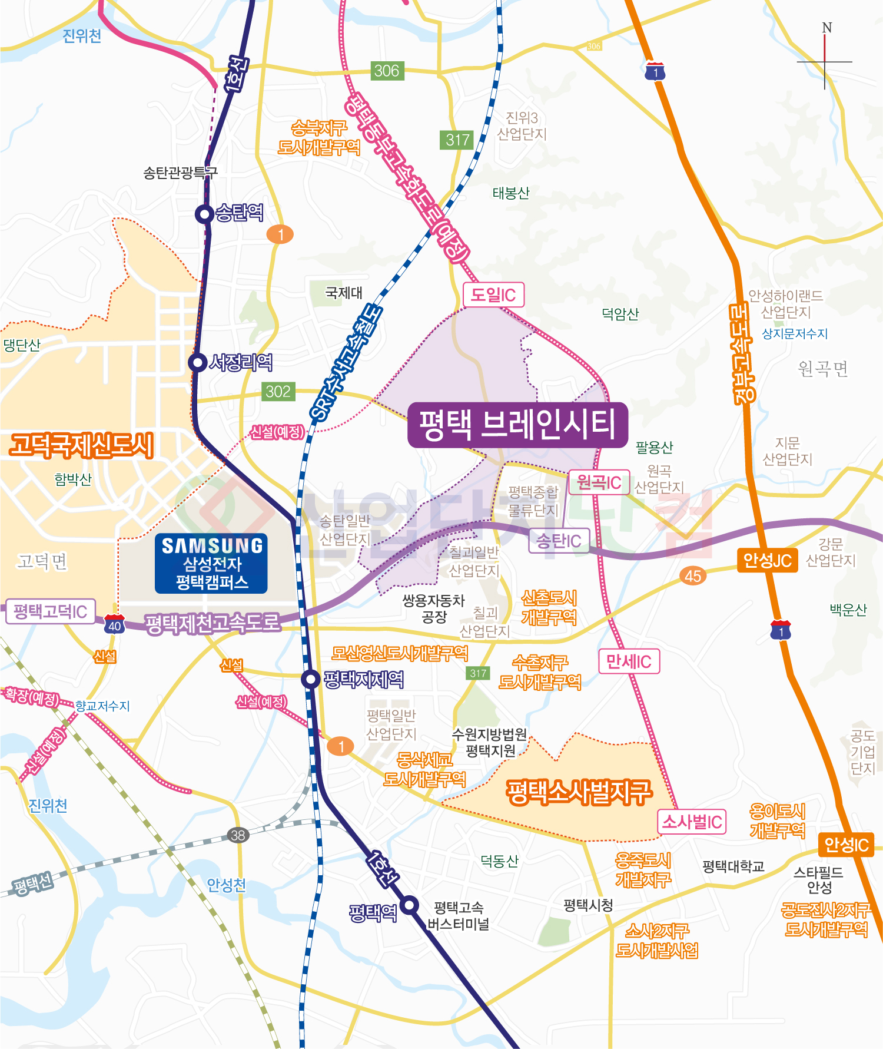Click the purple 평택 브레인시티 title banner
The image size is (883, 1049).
517,425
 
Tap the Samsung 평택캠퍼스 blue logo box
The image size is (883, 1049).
211,563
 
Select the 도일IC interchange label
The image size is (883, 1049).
493,294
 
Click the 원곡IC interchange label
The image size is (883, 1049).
599,482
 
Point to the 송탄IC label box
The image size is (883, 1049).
559,540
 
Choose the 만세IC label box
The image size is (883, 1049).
629,661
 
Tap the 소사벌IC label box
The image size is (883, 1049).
692,822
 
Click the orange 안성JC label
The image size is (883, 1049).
767,560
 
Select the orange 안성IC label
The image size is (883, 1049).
846,845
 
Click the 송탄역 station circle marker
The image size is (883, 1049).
204,214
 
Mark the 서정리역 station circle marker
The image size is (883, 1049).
197,362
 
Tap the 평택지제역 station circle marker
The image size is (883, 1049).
310,679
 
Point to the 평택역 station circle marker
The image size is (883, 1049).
410,905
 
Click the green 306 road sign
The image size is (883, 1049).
386,71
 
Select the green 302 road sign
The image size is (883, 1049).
278,391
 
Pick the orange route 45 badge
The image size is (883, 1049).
693,575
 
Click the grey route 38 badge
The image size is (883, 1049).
238,835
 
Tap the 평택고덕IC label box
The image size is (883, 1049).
50,611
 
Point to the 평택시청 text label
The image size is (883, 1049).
587,905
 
